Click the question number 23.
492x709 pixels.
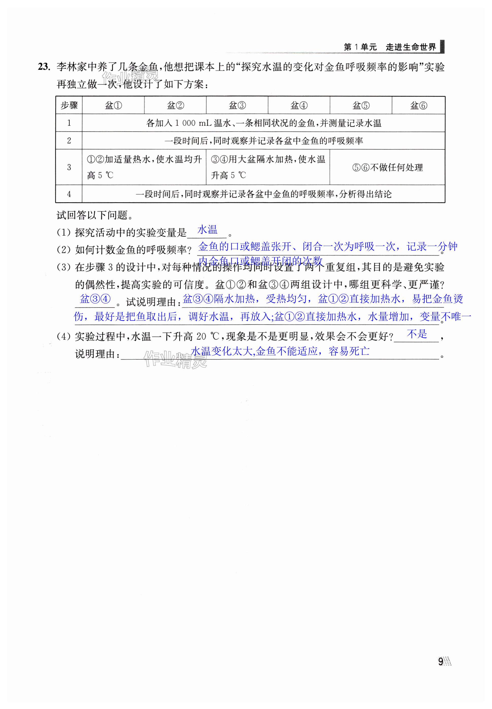(x=44, y=67)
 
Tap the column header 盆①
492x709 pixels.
(x=113, y=105)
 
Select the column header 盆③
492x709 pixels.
(x=237, y=105)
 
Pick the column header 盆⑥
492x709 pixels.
(x=418, y=105)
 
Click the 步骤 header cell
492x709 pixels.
(x=69, y=105)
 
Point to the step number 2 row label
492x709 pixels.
(x=69, y=141)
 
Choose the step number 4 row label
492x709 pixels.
(x=69, y=194)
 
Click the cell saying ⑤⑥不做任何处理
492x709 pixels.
(x=387, y=167)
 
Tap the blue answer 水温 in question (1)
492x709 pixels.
(x=207, y=230)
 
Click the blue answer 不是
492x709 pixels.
(x=417, y=334)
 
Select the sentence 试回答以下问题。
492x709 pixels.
(x=95, y=215)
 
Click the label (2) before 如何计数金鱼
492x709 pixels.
(x=64, y=250)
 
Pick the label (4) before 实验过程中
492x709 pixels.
(x=64, y=337)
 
